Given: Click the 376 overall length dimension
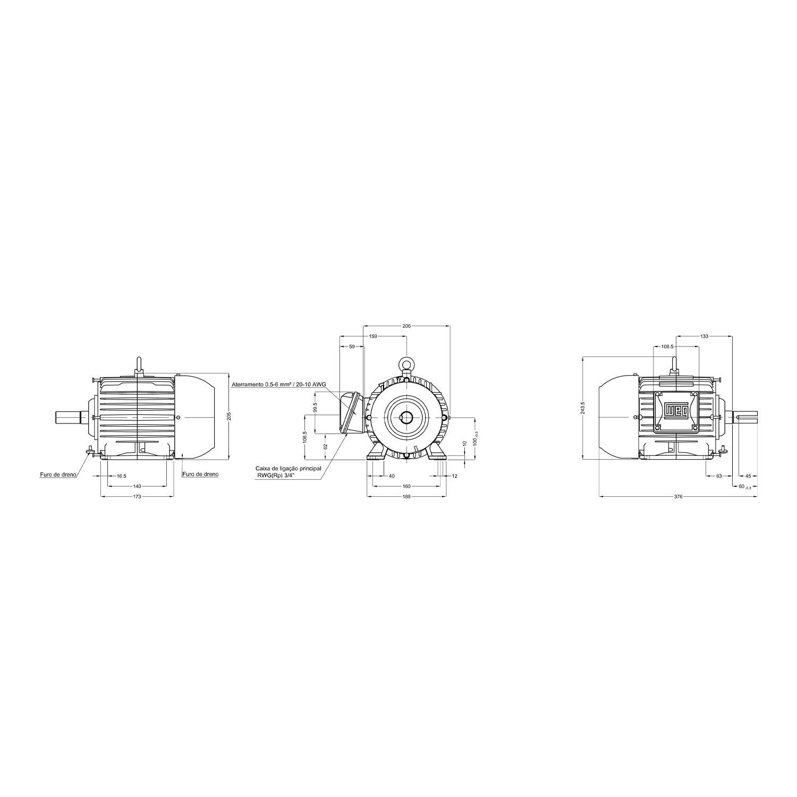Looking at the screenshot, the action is tap(678, 497).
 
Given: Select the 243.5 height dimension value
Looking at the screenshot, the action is tap(583, 408).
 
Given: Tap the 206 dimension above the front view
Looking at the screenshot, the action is tap(406, 325).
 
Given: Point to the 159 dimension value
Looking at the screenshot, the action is tap(374, 336).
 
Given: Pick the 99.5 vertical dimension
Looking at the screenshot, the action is tap(315, 408).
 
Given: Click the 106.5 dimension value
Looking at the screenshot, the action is tap(305, 437).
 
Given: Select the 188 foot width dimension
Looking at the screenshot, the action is tap(406, 497).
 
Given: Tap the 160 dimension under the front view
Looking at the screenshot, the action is tap(406, 486).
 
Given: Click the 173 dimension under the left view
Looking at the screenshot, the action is tap(137, 497).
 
